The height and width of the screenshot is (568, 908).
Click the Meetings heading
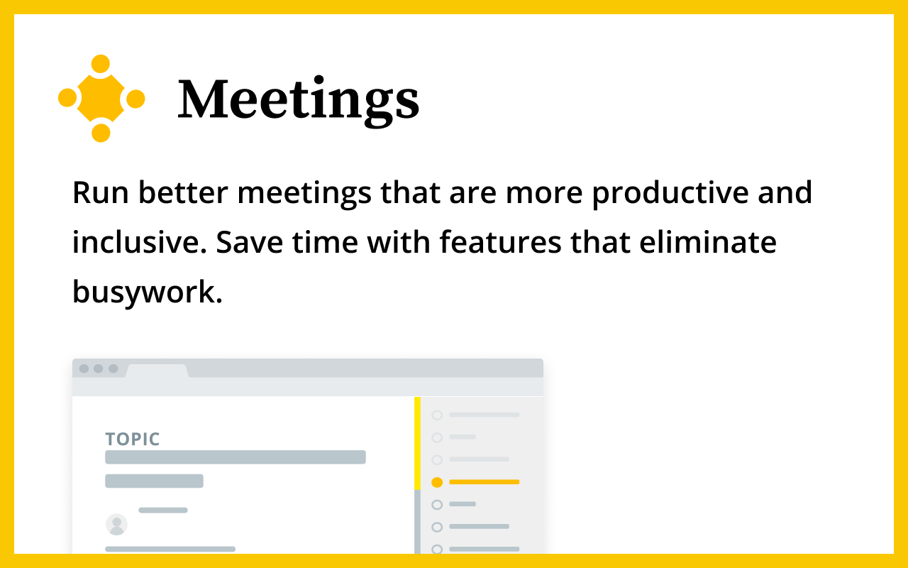click(x=299, y=100)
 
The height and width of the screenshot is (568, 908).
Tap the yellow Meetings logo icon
click(x=101, y=98)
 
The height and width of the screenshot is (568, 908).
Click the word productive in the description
click(x=670, y=193)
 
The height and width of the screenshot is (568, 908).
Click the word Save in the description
click(x=249, y=242)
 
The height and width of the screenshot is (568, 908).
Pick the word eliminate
click(x=708, y=242)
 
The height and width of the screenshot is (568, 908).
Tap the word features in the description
click(x=501, y=242)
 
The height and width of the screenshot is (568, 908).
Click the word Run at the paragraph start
click(x=101, y=193)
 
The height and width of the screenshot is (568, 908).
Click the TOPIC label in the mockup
click(x=133, y=439)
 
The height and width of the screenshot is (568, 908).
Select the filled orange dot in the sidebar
click(x=437, y=482)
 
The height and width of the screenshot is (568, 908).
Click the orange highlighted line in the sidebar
click(x=485, y=482)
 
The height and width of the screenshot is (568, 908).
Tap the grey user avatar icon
click(x=117, y=524)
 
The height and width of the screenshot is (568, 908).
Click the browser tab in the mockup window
click(x=157, y=371)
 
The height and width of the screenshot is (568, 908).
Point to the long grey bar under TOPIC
click(x=236, y=457)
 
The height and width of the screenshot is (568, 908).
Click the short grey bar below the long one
click(x=154, y=481)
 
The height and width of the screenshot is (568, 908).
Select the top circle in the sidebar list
click(x=437, y=415)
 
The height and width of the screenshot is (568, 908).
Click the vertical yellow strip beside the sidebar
click(x=418, y=444)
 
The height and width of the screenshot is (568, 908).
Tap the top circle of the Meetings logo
click(x=101, y=64)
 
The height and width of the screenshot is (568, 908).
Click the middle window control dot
click(x=98, y=368)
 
